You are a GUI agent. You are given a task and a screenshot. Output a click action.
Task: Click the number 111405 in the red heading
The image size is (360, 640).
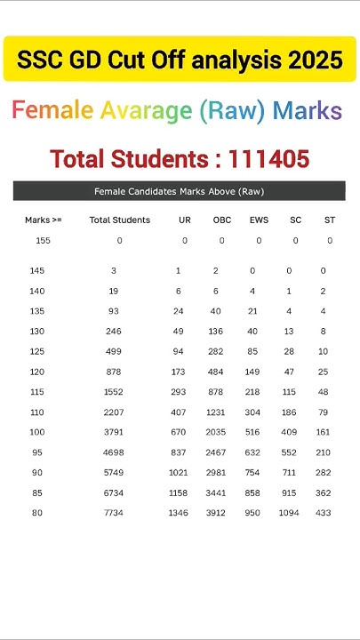(268, 159)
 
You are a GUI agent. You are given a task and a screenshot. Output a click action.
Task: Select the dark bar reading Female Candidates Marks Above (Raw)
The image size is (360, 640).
(179, 191)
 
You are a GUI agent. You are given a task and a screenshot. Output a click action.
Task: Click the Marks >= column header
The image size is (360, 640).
(44, 220)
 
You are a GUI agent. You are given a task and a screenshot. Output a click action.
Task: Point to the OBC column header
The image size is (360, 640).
(221, 220)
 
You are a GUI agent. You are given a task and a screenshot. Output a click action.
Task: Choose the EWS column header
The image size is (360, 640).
(260, 220)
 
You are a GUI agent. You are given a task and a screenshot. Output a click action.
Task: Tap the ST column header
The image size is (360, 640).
(329, 220)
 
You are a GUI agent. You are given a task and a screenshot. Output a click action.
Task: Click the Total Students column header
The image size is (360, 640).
(120, 220)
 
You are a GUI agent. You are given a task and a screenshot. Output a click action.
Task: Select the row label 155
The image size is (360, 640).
(44, 241)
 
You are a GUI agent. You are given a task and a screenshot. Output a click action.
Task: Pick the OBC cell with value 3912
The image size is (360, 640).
(217, 513)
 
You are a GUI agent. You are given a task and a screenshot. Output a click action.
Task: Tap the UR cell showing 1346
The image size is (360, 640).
(179, 513)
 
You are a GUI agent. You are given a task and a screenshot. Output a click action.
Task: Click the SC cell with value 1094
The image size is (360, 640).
(290, 513)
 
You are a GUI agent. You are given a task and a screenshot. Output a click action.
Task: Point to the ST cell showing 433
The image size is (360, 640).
(324, 513)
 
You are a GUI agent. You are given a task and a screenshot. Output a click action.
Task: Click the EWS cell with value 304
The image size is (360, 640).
(253, 412)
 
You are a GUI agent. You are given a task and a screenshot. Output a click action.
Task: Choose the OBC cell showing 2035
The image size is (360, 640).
(217, 432)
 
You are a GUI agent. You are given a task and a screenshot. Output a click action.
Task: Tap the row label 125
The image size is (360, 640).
(36, 351)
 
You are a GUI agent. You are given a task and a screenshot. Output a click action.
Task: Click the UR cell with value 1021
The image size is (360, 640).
(179, 472)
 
